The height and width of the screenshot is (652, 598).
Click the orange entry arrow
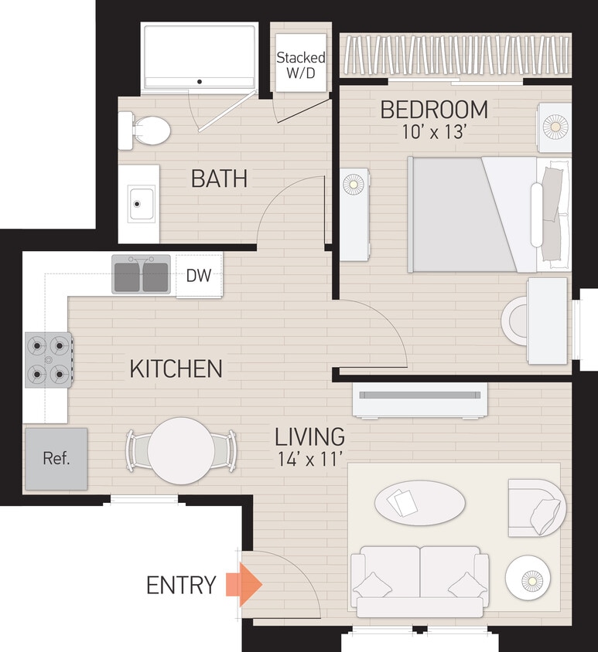point(244,585)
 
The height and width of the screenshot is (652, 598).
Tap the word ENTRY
point(181,586)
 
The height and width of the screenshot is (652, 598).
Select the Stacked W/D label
point(301,66)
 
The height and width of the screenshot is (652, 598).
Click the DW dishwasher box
point(200,275)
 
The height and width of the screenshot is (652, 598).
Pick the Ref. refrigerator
point(56,459)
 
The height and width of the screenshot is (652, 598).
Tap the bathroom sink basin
point(140,205)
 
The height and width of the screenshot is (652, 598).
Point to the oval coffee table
point(420,503)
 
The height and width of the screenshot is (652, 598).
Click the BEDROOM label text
point(433,110)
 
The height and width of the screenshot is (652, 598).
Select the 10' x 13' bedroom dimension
point(433,132)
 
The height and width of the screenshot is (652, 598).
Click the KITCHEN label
point(176,369)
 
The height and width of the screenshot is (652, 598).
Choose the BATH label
point(219,179)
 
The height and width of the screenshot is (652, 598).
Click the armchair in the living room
point(536,508)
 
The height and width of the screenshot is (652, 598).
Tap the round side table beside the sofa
point(528,578)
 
